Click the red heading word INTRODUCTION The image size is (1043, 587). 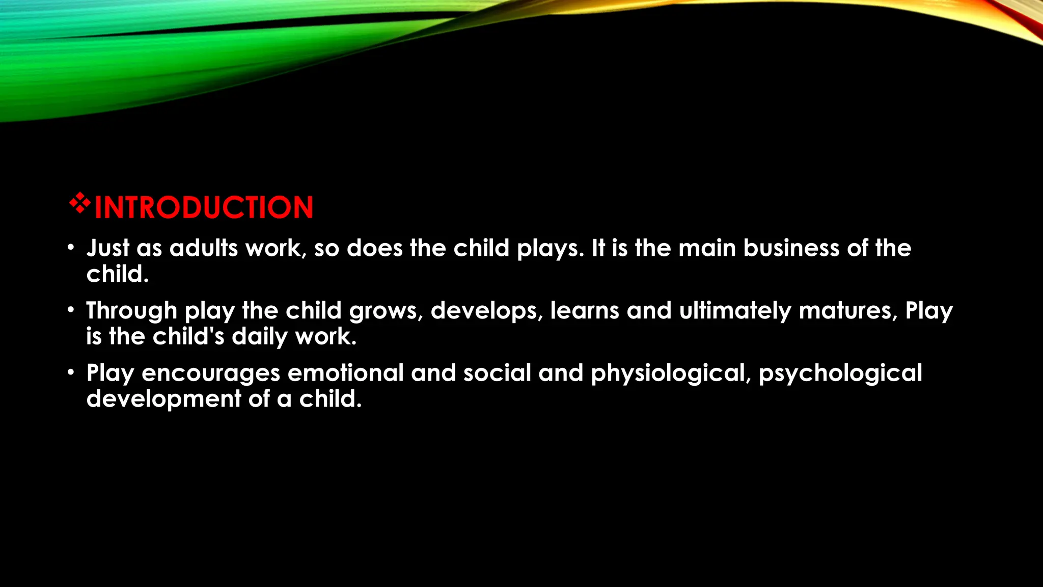[204, 208]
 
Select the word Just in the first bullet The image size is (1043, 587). [108, 248]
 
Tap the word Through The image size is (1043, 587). [131, 311]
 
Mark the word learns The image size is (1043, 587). [585, 311]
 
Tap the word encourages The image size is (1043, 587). [211, 373]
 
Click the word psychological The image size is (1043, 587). [840, 373]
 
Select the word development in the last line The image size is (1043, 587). [163, 399]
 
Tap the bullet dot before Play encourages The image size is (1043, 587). [71, 372]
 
